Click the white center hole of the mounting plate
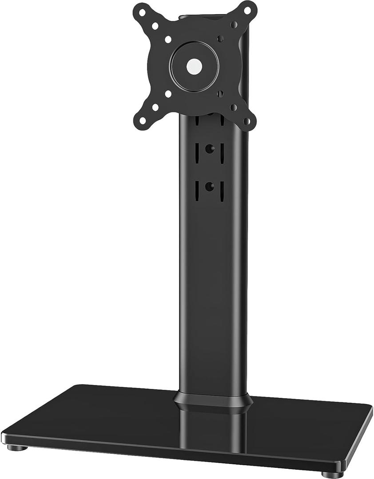pyautogui.click(x=194, y=67)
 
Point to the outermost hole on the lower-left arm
pyautogui.click(x=142, y=120)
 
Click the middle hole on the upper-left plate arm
pyautogui.click(x=155, y=26)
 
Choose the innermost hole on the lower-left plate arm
pyautogui.click(x=168, y=94)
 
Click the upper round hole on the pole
pyautogui.click(x=209, y=149)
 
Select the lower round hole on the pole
pyautogui.click(x=209, y=187)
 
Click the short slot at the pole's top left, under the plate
pyautogui.click(x=196, y=120)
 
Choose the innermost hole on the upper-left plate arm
pyautogui.click(x=168, y=39)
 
